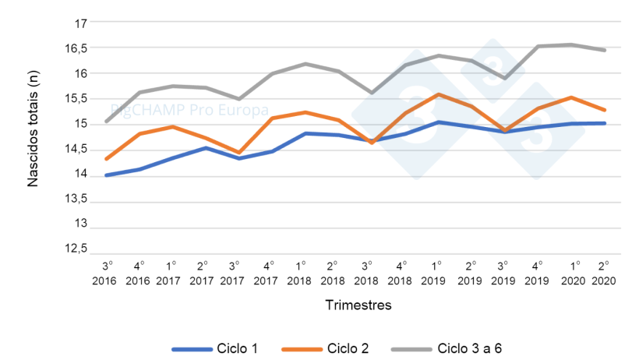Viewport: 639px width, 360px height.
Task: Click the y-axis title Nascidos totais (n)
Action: pyautogui.click(x=33, y=136)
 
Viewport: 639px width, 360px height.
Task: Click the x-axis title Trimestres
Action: pyautogui.click(x=358, y=305)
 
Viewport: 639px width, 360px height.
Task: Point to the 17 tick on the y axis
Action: pyautogui.click(x=79, y=23)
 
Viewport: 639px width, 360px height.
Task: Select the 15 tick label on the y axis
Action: pyautogui.click(x=79, y=123)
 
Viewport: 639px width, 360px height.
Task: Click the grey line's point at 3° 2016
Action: pyautogui.click(x=105, y=122)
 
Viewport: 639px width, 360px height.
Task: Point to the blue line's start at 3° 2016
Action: pyautogui.click(x=105, y=175)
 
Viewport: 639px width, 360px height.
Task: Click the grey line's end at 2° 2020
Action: pyautogui.click(x=605, y=50)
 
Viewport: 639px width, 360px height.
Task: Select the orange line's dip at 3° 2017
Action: pyautogui.click(x=238, y=153)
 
